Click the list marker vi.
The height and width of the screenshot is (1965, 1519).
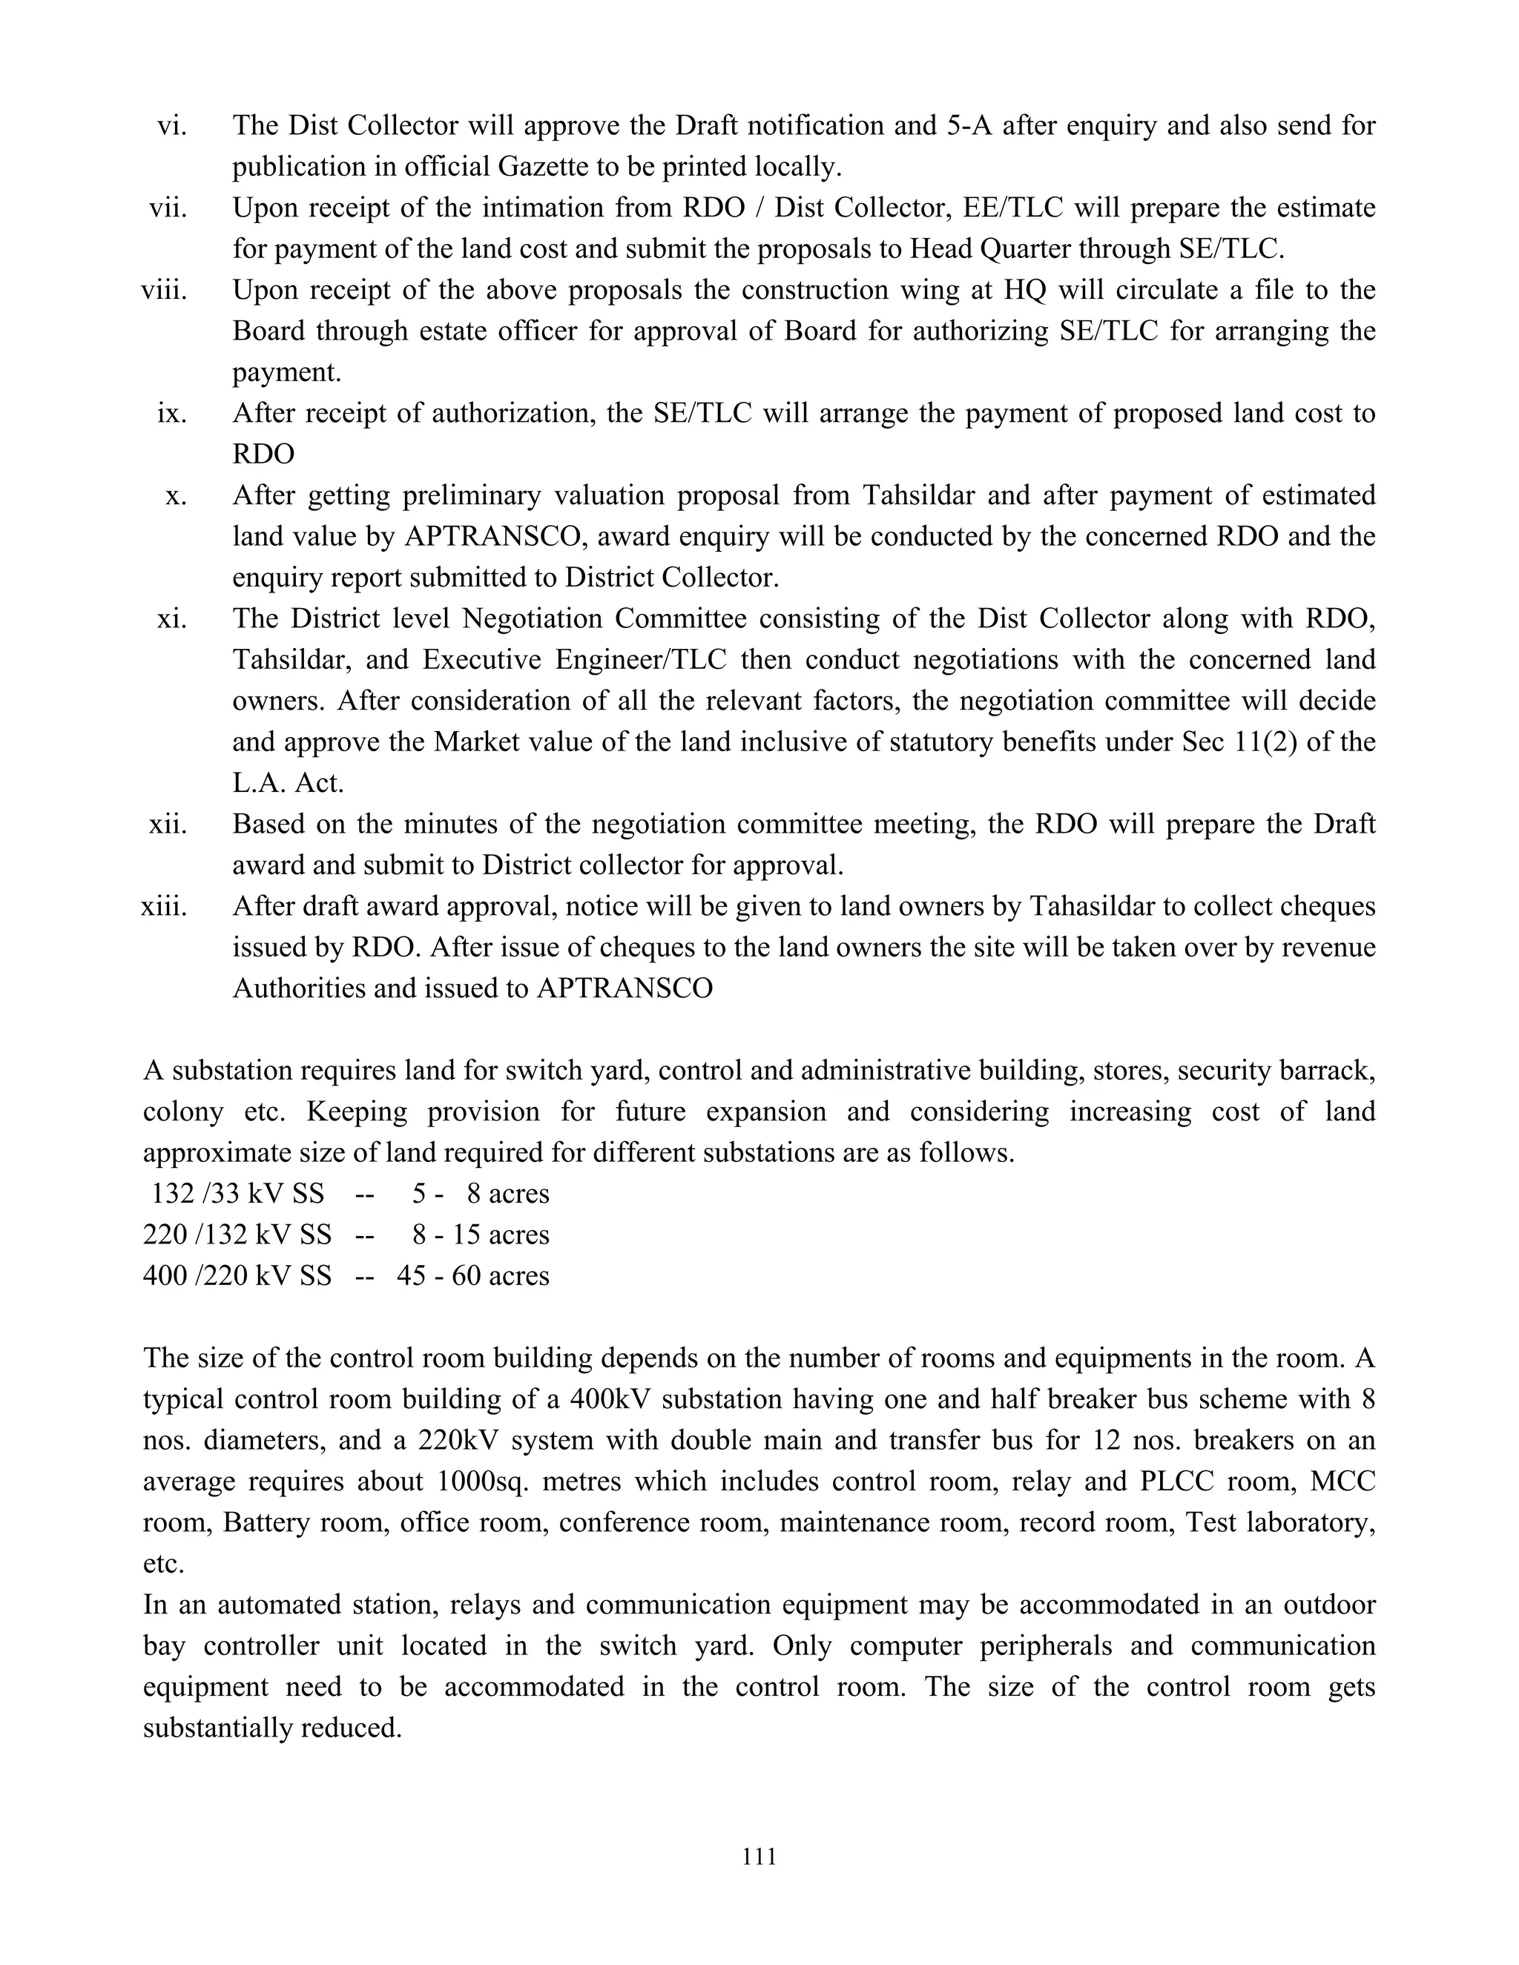click(172, 125)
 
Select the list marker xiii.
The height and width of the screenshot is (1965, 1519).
click(164, 906)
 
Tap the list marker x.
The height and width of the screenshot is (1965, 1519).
click(177, 496)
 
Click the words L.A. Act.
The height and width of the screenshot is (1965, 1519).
click(288, 783)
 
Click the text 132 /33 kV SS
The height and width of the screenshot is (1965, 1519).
click(237, 1194)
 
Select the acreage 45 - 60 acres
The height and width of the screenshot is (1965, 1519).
click(472, 1276)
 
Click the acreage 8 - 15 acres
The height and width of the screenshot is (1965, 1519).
click(481, 1235)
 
